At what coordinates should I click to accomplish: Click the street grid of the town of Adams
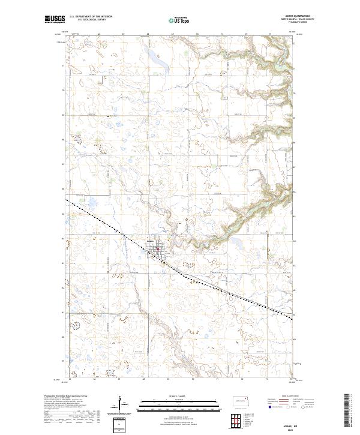pos(157,245)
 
